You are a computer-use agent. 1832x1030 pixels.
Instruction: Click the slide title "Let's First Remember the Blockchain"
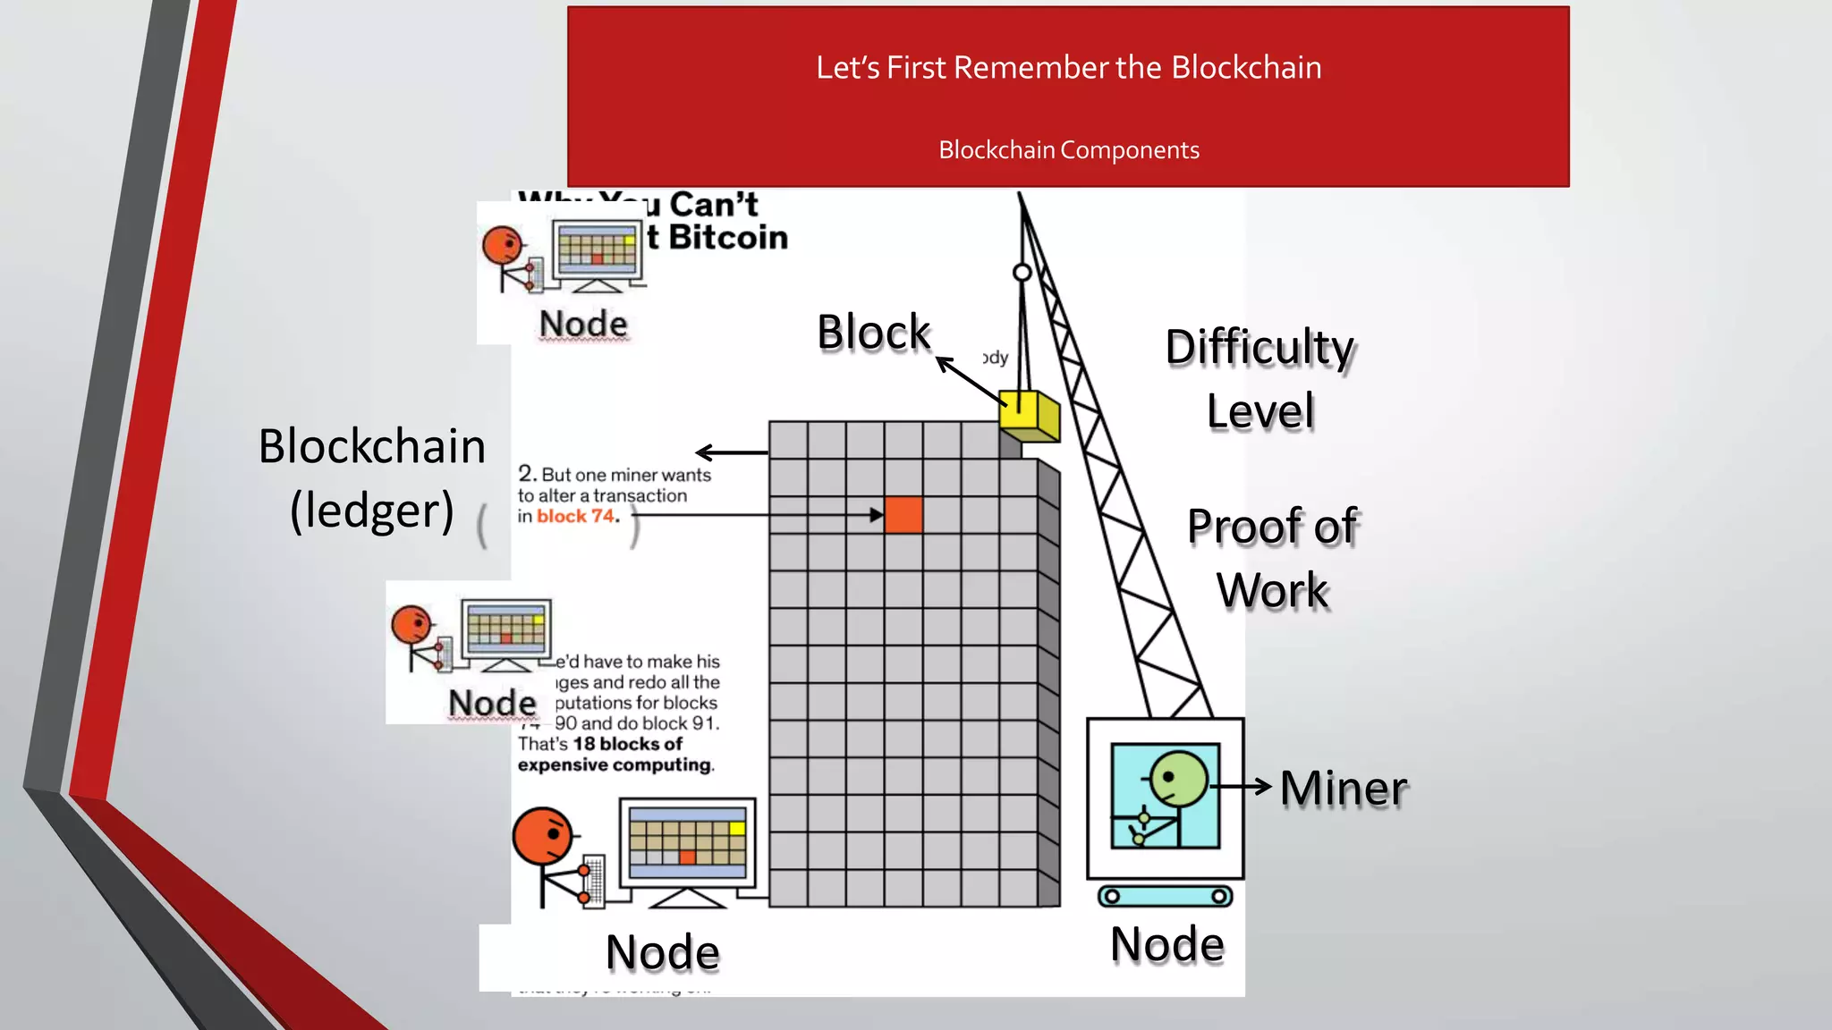(1068, 68)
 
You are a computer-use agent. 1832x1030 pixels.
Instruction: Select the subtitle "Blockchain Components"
(1068, 150)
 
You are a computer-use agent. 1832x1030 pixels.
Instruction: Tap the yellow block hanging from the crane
(1030, 416)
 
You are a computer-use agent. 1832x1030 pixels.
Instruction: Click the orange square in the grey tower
(903, 515)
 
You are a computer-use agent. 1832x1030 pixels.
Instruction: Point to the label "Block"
(873, 333)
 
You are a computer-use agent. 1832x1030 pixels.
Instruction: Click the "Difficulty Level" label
(1259, 378)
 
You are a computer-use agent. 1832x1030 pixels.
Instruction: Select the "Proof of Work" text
(1272, 558)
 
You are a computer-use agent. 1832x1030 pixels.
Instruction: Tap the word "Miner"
(1343, 789)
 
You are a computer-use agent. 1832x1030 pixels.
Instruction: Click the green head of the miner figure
(1178, 779)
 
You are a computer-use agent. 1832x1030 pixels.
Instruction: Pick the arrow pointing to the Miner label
(1242, 787)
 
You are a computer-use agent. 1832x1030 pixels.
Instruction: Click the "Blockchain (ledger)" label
(371, 478)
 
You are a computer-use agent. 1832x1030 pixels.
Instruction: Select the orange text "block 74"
(577, 516)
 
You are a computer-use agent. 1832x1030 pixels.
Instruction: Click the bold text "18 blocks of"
(627, 744)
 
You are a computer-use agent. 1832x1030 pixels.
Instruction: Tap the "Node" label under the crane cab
(1166, 944)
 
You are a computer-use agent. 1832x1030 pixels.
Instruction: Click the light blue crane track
(1165, 896)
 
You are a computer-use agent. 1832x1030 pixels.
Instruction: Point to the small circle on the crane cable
(1022, 272)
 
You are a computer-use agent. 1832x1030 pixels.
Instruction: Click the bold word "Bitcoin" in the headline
(727, 238)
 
